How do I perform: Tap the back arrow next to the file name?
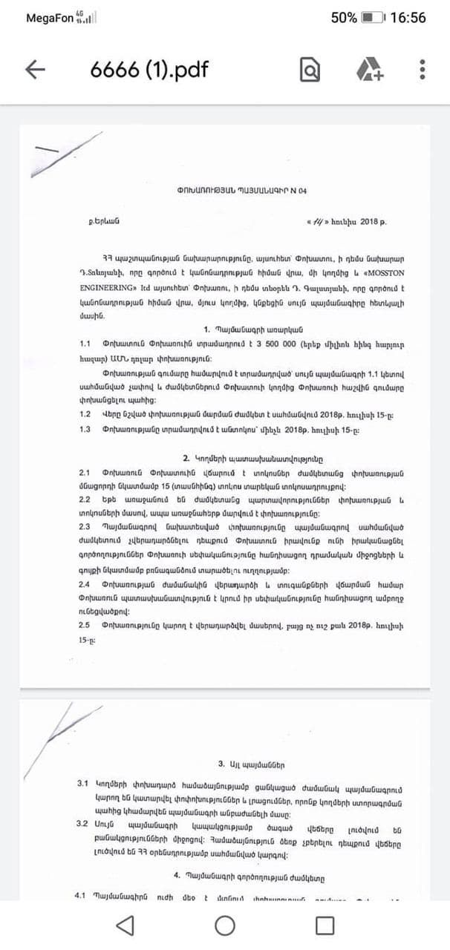tap(35, 70)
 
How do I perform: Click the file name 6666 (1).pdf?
tap(149, 70)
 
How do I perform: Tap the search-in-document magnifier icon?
tap(310, 70)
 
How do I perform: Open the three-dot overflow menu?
tap(423, 70)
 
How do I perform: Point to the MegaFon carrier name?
tap(52, 18)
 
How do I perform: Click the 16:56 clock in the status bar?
tap(408, 18)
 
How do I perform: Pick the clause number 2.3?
tap(85, 526)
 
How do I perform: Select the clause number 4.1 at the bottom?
tap(82, 895)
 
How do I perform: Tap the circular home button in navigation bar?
tap(224, 925)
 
